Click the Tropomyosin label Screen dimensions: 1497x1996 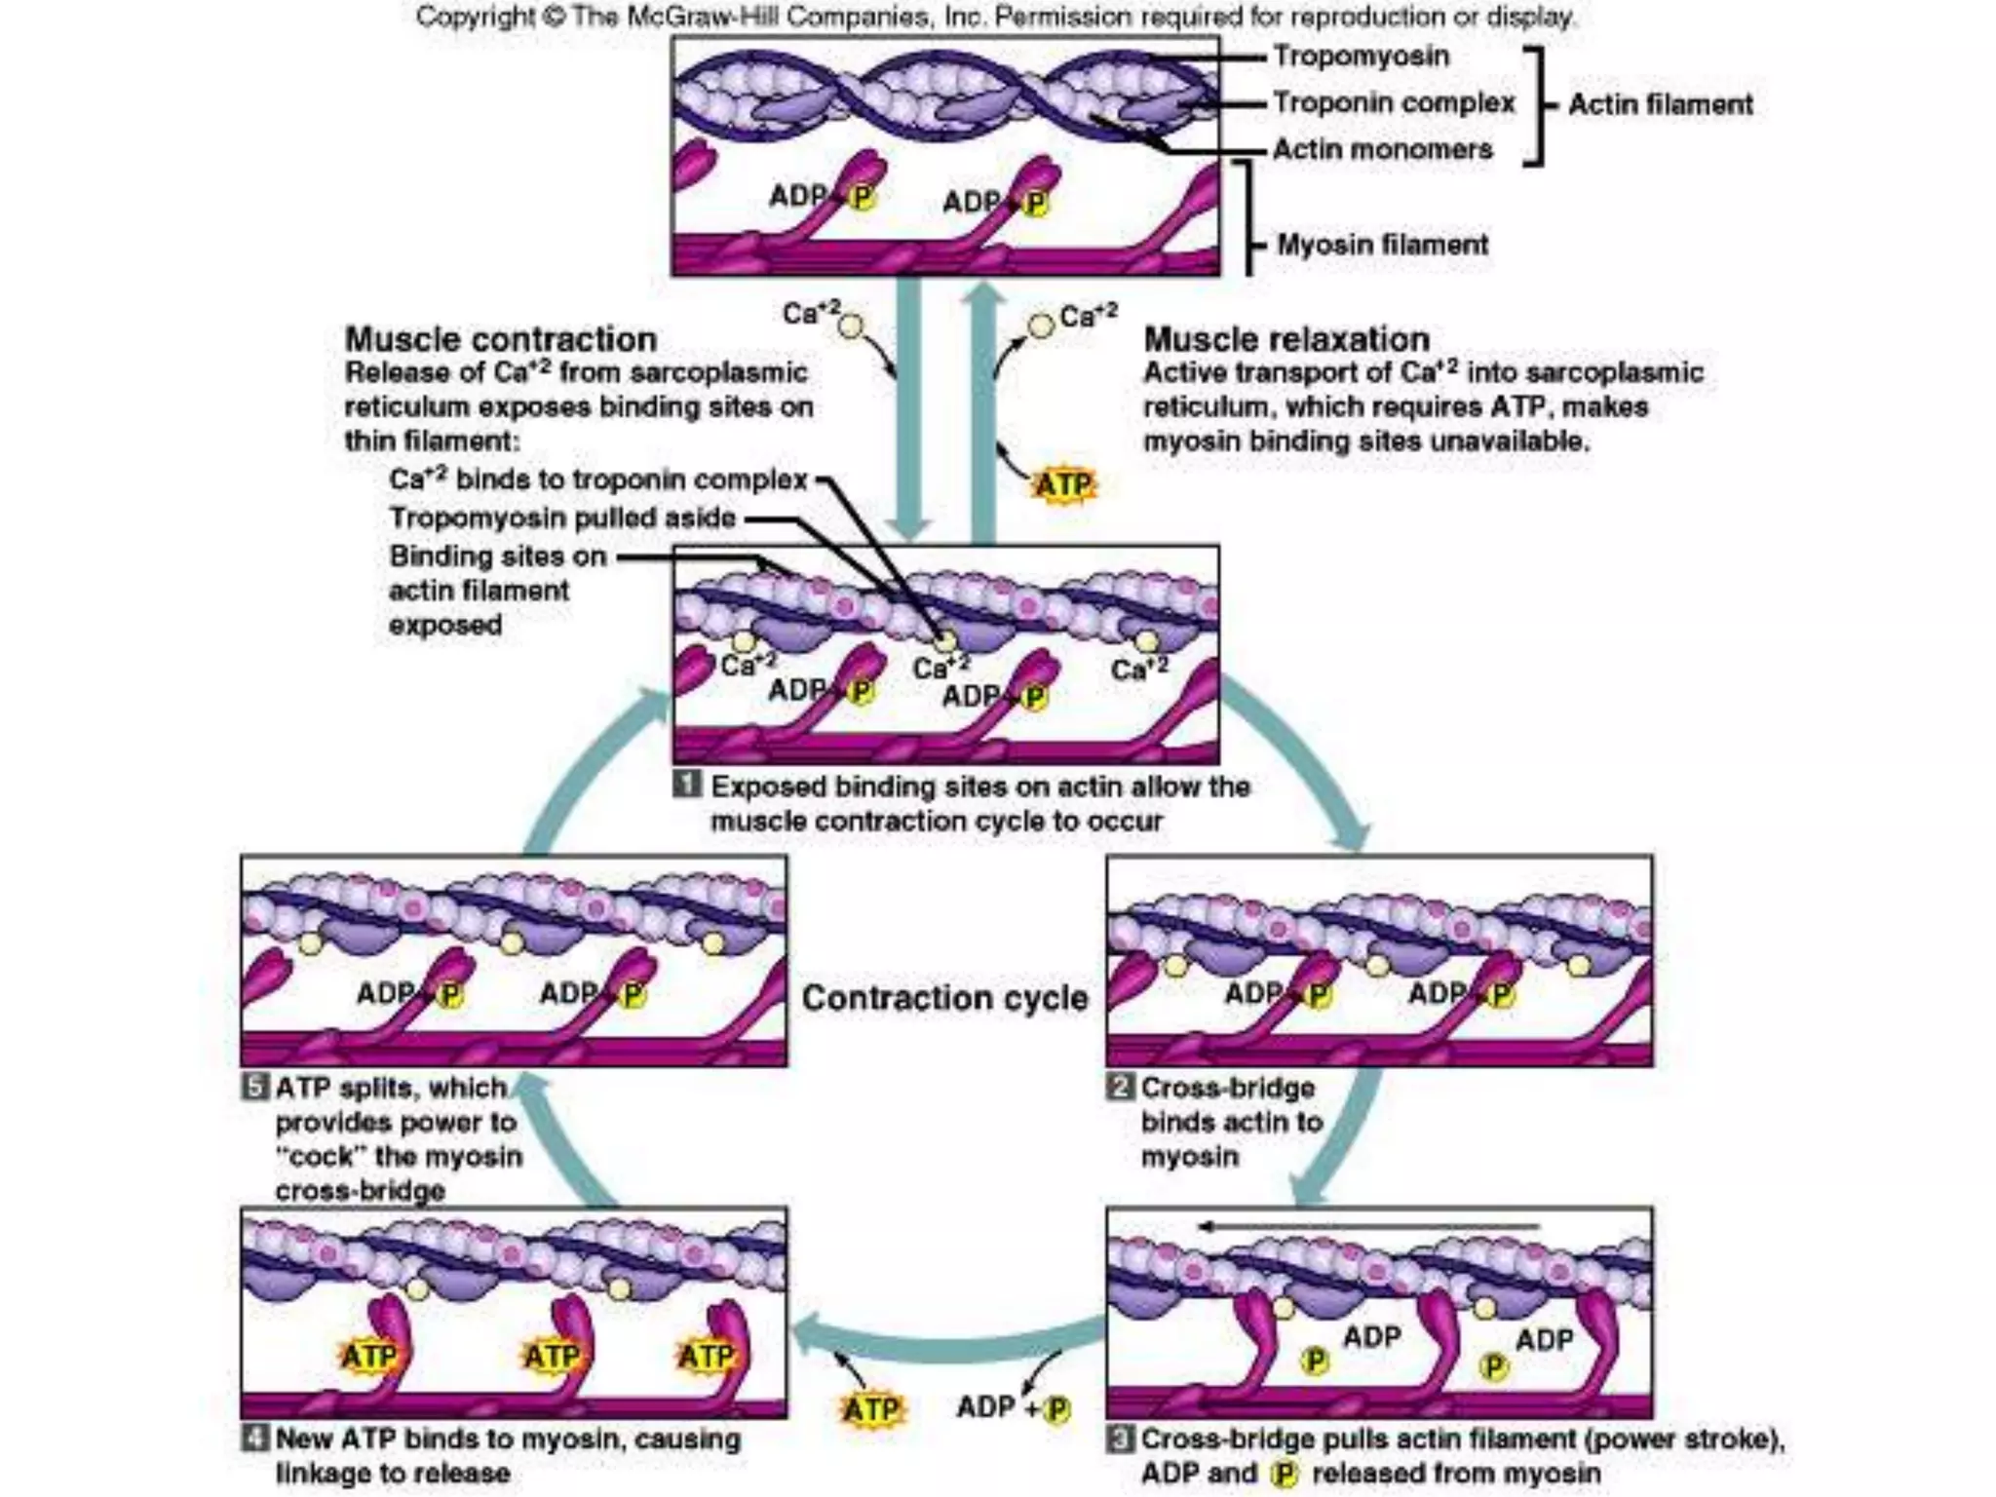pos(1361,57)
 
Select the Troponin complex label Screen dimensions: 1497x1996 pos(1394,103)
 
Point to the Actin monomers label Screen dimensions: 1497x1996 pos(1382,150)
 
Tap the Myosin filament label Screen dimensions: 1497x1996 pos(1382,245)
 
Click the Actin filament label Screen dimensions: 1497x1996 pos(1660,104)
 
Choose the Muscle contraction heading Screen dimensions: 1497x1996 pos(500,339)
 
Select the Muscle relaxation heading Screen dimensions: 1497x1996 pos(1286,339)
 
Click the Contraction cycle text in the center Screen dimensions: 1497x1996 pos(943,998)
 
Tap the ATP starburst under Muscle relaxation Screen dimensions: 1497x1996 pos(1063,484)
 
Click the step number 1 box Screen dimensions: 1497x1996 pos(688,784)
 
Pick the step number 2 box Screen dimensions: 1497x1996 pos(1121,1086)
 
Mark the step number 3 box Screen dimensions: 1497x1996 pos(1121,1438)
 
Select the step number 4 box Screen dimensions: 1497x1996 pos(255,1438)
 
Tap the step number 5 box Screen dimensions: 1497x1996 pos(255,1086)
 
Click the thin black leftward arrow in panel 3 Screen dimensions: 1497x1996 pos(1364,1226)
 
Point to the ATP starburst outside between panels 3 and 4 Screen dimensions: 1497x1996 pos(870,1409)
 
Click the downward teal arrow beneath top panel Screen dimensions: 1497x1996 pos(908,409)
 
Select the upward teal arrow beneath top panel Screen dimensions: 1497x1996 pos(983,409)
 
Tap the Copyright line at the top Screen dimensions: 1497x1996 pos(994,17)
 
